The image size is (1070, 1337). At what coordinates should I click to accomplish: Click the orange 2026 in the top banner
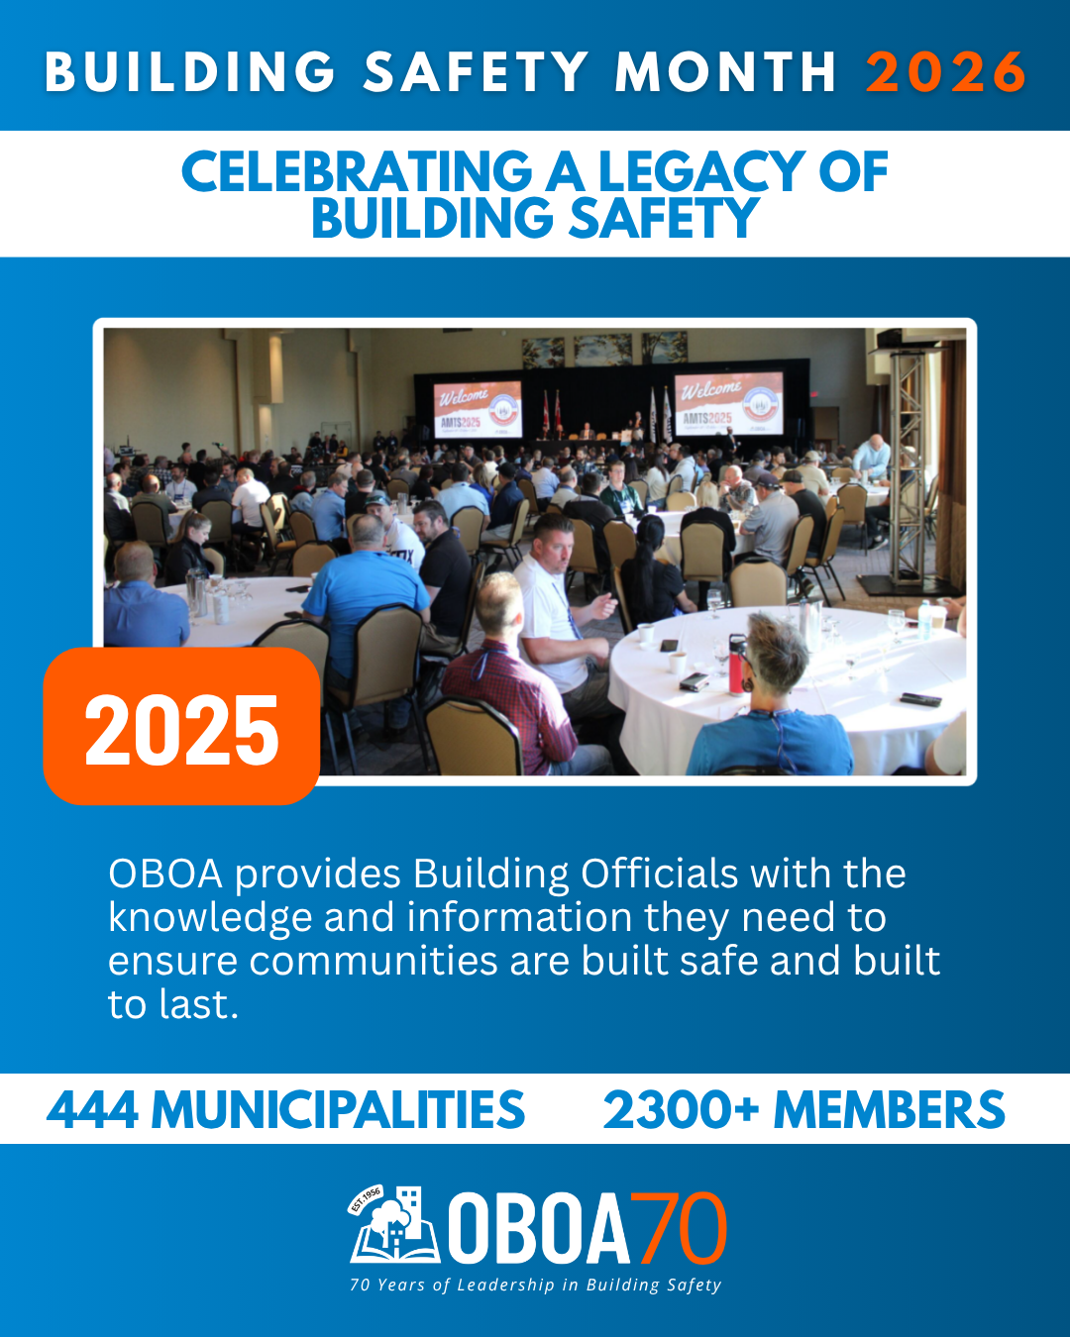(945, 72)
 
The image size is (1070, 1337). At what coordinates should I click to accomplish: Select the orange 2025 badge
(181, 726)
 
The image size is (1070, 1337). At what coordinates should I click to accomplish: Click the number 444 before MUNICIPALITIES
(92, 1109)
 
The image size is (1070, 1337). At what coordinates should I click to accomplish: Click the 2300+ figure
(681, 1109)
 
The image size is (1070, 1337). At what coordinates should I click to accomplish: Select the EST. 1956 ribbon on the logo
(366, 1199)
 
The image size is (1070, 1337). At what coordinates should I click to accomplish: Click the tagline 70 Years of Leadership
(535, 1285)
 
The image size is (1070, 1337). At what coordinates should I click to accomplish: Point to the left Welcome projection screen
(478, 409)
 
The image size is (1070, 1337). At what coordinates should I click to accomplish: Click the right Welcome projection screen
(728, 403)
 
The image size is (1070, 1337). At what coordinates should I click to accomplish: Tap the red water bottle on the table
(737, 664)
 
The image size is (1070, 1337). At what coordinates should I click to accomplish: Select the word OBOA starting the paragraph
(165, 874)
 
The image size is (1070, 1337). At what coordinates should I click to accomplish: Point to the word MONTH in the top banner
(725, 72)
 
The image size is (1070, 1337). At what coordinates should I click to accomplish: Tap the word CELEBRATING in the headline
(357, 171)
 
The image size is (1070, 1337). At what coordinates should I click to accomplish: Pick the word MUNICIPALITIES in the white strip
(339, 1109)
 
